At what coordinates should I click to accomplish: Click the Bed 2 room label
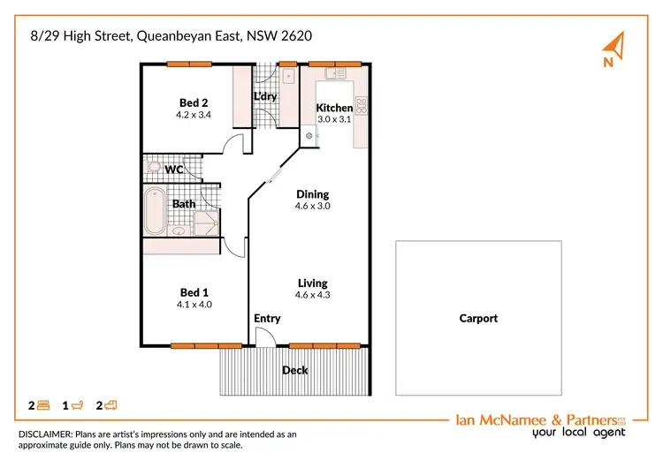(193, 102)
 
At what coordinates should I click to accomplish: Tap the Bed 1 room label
(194, 292)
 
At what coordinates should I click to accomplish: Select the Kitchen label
(334, 108)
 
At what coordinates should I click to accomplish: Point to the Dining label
(312, 194)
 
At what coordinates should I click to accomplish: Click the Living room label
(312, 283)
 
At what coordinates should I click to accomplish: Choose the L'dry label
(264, 96)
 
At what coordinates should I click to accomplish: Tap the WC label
(173, 169)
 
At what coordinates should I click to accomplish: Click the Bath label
(184, 204)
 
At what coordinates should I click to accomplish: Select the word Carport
(478, 319)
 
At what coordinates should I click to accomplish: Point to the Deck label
(294, 370)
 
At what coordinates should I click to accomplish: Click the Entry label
(267, 318)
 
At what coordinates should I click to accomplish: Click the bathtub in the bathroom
(155, 210)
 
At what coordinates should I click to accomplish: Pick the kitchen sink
(331, 73)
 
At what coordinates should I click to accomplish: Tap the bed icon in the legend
(43, 405)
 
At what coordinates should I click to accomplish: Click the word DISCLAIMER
(50, 434)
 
